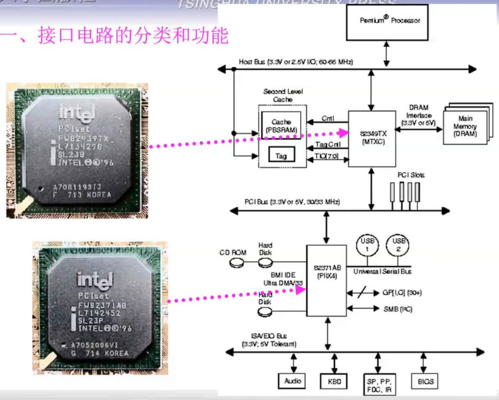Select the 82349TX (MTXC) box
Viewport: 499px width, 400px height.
(372, 138)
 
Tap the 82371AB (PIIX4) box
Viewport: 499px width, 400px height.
(326, 280)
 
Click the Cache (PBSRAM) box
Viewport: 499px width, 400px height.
(281, 126)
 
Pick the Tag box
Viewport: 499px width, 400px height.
(281, 156)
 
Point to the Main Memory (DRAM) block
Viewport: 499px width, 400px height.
(465, 126)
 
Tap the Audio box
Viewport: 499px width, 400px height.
(293, 381)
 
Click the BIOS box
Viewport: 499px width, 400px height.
(425, 382)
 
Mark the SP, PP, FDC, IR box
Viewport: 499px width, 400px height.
(379, 385)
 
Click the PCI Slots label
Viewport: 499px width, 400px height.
(411, 175)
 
